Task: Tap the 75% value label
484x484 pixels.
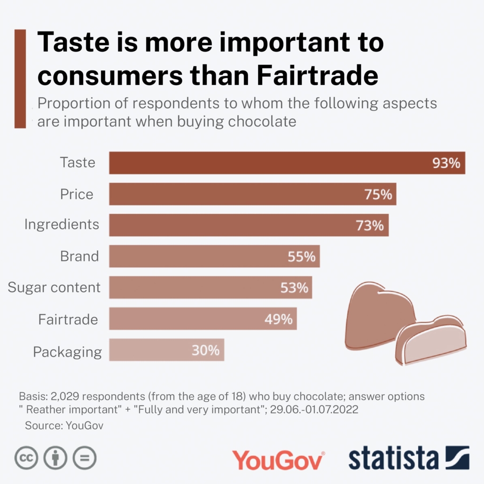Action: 378,194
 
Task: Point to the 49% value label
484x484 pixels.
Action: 278,319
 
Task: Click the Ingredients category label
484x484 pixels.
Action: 62,225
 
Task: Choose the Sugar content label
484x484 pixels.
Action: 54,287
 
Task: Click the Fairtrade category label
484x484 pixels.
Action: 68,320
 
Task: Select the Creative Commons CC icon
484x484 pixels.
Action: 26,457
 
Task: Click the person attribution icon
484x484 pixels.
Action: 55,457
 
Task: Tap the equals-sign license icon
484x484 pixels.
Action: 85,457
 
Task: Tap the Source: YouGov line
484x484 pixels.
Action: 64,426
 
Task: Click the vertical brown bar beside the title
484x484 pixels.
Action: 20,78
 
